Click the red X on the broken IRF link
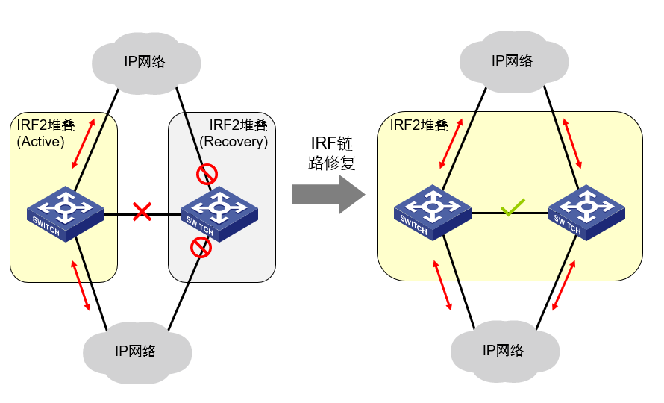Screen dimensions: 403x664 point(142,212)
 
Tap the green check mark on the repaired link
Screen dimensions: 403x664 point(512,207)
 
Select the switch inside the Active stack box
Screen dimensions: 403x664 point(66,213)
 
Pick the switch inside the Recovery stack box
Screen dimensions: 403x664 point(219,213)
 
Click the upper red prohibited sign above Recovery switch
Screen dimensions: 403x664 point(206,175)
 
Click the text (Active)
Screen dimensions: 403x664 point(40,141)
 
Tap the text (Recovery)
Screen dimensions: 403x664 point(234,141)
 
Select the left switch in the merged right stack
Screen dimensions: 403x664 point(433,213)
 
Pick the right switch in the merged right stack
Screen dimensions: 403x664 point(586,212)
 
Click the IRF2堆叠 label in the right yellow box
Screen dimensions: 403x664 point(419,125)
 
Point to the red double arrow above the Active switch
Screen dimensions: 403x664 point(84,143)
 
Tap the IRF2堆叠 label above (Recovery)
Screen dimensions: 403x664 point(237,125)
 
